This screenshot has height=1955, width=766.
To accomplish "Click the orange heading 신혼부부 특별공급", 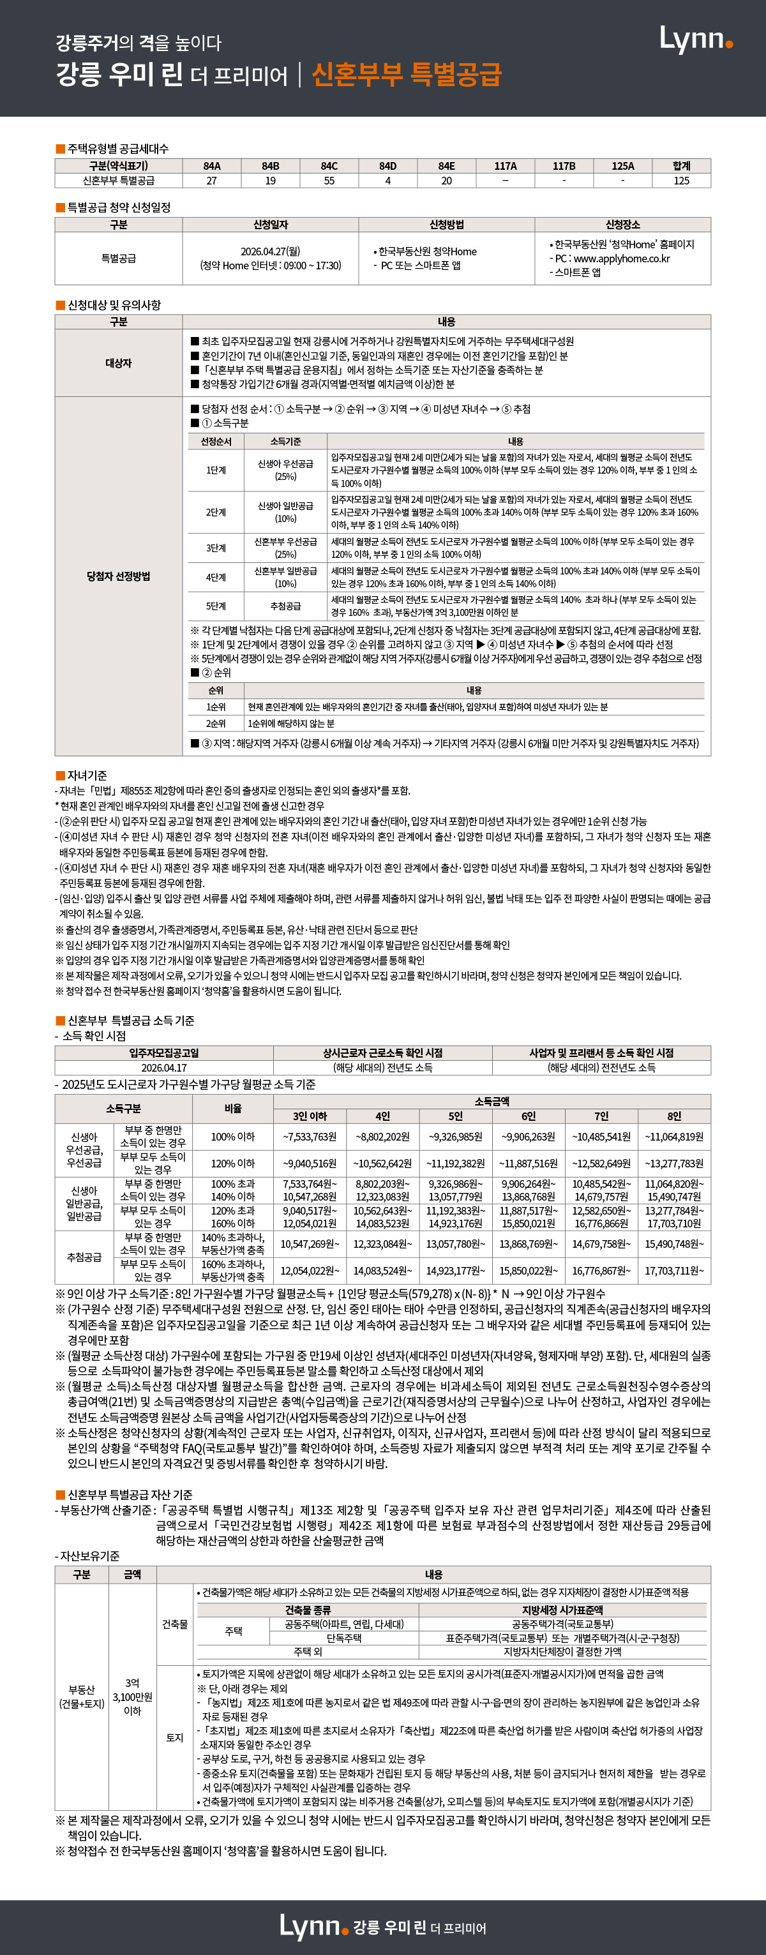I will [x=406, y=75].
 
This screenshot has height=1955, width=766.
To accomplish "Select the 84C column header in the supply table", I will [x=329, y=165].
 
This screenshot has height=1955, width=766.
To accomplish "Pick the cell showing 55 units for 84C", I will [x=329, y=181].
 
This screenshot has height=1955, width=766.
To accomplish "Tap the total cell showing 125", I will [x=681, y=181].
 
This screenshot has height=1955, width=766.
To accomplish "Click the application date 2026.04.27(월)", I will [x=270, y=251].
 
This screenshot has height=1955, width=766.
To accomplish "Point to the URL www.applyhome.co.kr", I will [x=622, y=258].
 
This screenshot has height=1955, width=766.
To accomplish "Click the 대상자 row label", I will [x=119, y=363].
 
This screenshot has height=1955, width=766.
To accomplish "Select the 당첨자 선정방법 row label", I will [x=119, y=576].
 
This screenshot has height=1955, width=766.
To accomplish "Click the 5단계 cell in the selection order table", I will [x=216, y=606].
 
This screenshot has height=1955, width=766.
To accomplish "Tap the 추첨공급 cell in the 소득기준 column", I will [x=285, y=606].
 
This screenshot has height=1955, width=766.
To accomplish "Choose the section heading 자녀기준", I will [x=87, y=775].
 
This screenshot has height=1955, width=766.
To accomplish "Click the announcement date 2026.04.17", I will [x=164, y=1067].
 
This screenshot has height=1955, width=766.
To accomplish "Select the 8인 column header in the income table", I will [x=674, y=1116].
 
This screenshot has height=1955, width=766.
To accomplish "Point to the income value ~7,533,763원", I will [x=310, y=1136].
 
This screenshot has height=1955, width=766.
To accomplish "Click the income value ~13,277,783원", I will [x=674, y=1163].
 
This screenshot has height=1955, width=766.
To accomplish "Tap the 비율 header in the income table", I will [x=233, y=1108].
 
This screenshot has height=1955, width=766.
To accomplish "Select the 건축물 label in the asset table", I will [x=175, y=1624].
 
